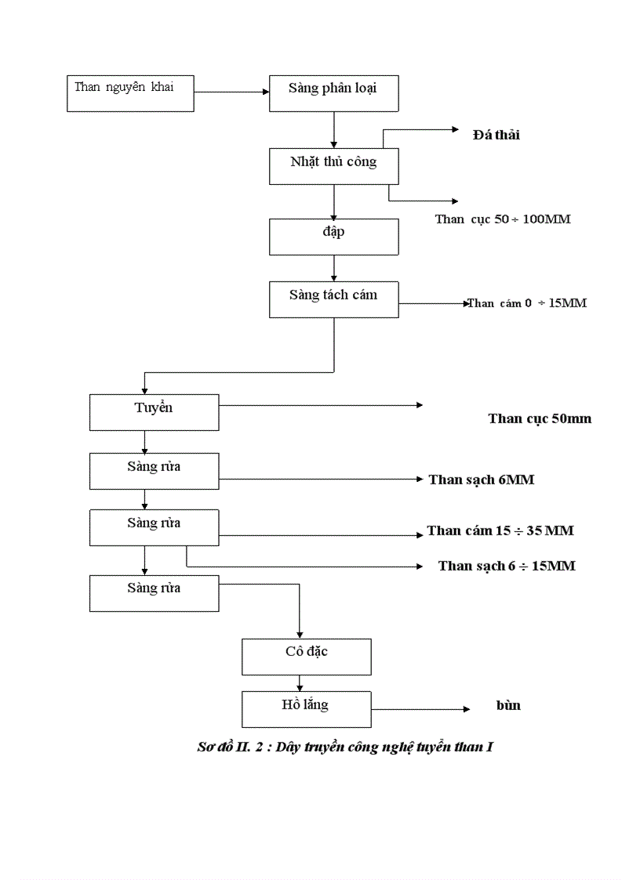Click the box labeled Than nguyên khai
pyautogui.click(x=129, y=93)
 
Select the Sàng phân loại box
pyautogui.click(x=333, y=93)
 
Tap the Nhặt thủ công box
pyautogui.click(x=333, y=166)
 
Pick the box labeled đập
pyautogui.click(x=333, y=236)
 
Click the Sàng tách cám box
pyautogui.click(x=333, y=299)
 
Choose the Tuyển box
pyautogui.click(x=154, y=412)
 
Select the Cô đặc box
pyautogui.click(x=306, y=656)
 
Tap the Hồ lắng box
pyautogui.click(x=306, y=708)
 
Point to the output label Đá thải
pyautogui.click(x=496, y=135)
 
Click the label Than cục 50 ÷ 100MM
pyautogui.click(x=503, y=219)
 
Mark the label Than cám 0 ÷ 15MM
pyautogui.click(x=528, y=303)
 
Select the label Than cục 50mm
pyautogui.click(x=540, y=418)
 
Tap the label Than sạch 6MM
pyautogui.click(x=481, y=480)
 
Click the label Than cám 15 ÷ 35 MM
pyautogui.click(x=500, y=531)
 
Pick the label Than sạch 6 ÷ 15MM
pyautogui.click(x=506, y=566)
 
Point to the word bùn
pyautogui.click(x=508, y=705)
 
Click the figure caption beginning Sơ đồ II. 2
pyautogui.click(x=344, y=747)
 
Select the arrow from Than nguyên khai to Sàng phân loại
pyautogui.click(x=231, y=92)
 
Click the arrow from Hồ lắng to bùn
pyautogui.click(x=420, y=709)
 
